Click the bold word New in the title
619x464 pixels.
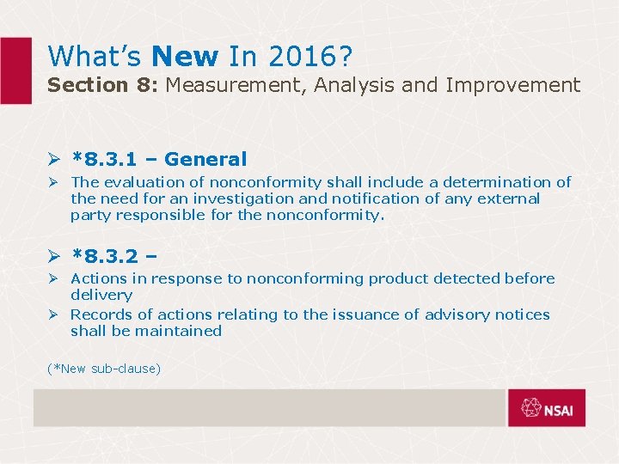click(184, 57)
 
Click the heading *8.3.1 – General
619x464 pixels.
click(159, 159)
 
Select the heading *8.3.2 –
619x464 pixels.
click(113, 255)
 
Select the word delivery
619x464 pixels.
click(101, 295)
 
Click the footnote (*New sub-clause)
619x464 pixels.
click(104, 369)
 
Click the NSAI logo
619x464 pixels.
click(546, 408)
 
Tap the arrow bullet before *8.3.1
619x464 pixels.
click(54, 159)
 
